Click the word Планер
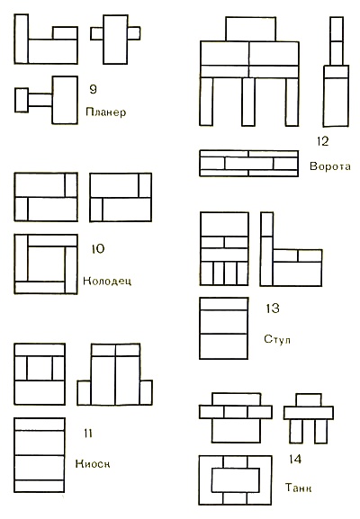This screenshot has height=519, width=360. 105,112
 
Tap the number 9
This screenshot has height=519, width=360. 93,89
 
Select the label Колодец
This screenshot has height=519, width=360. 107,281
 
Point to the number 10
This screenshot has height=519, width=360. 98,248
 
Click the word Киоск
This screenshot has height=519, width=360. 93,464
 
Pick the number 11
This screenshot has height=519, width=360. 88,434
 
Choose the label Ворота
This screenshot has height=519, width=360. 330,166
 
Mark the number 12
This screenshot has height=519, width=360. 322,141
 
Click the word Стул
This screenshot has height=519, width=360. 277,340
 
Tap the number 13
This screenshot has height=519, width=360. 273,309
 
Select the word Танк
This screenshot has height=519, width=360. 298,488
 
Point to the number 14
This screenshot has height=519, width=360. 295,459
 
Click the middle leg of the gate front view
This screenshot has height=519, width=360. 248,102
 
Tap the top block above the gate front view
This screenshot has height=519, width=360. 250,29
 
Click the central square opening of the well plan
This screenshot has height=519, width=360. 47,264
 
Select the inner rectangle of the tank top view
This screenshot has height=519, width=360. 236,480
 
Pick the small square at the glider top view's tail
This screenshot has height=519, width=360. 22,100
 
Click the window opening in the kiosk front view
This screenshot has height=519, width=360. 40,368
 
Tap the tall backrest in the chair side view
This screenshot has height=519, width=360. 266,249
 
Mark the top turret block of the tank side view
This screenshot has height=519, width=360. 309,400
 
